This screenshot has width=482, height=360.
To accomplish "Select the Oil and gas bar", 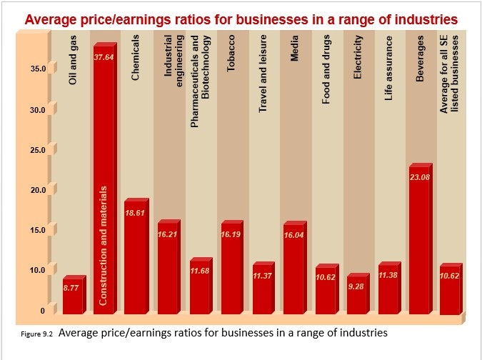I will coord(72,296).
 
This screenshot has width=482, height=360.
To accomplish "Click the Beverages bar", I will coord(419,243).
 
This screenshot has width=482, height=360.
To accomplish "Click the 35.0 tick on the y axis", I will coord(36,69).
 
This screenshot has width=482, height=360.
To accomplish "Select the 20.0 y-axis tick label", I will coord(36,190).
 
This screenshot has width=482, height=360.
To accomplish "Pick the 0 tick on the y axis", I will coord(41,311).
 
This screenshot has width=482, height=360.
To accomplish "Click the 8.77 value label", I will coord(72,287).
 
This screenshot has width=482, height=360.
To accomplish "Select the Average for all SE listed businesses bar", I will coord(450,293).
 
